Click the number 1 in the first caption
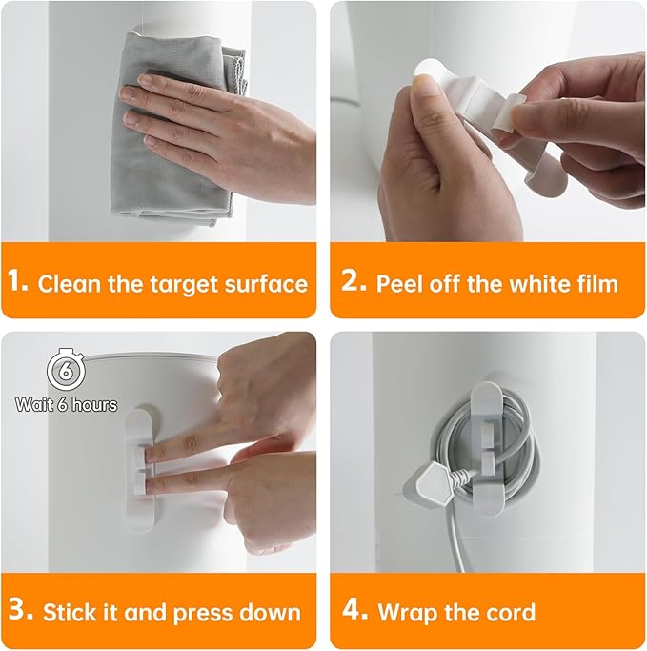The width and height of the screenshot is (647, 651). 16,283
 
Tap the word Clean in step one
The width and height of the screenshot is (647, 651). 70,283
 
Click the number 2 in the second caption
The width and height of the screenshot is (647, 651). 350,283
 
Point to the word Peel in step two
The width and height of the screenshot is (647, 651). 398,283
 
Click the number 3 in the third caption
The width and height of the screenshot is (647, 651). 19,611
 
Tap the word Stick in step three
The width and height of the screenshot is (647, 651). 70,611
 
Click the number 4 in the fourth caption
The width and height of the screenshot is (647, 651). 352,611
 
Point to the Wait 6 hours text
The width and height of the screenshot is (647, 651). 66,404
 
